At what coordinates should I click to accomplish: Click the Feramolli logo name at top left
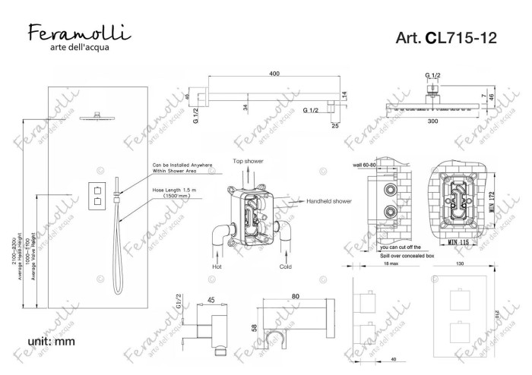pyautogui.click(x=79, y=33)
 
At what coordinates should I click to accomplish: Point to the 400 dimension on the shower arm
pyautogui.click(x=274, y=74)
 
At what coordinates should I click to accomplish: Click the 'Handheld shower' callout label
pyautogui.click(x=329, y=201)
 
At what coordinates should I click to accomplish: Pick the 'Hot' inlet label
pyautogui.click(x=217, y=268)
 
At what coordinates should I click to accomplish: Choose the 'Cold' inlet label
pyautogui.click(x=286, y=268)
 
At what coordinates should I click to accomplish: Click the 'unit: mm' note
pyautogui.click(x=50, y=342)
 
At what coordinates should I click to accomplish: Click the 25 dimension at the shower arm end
pyautogui.click(x=334, y=126)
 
